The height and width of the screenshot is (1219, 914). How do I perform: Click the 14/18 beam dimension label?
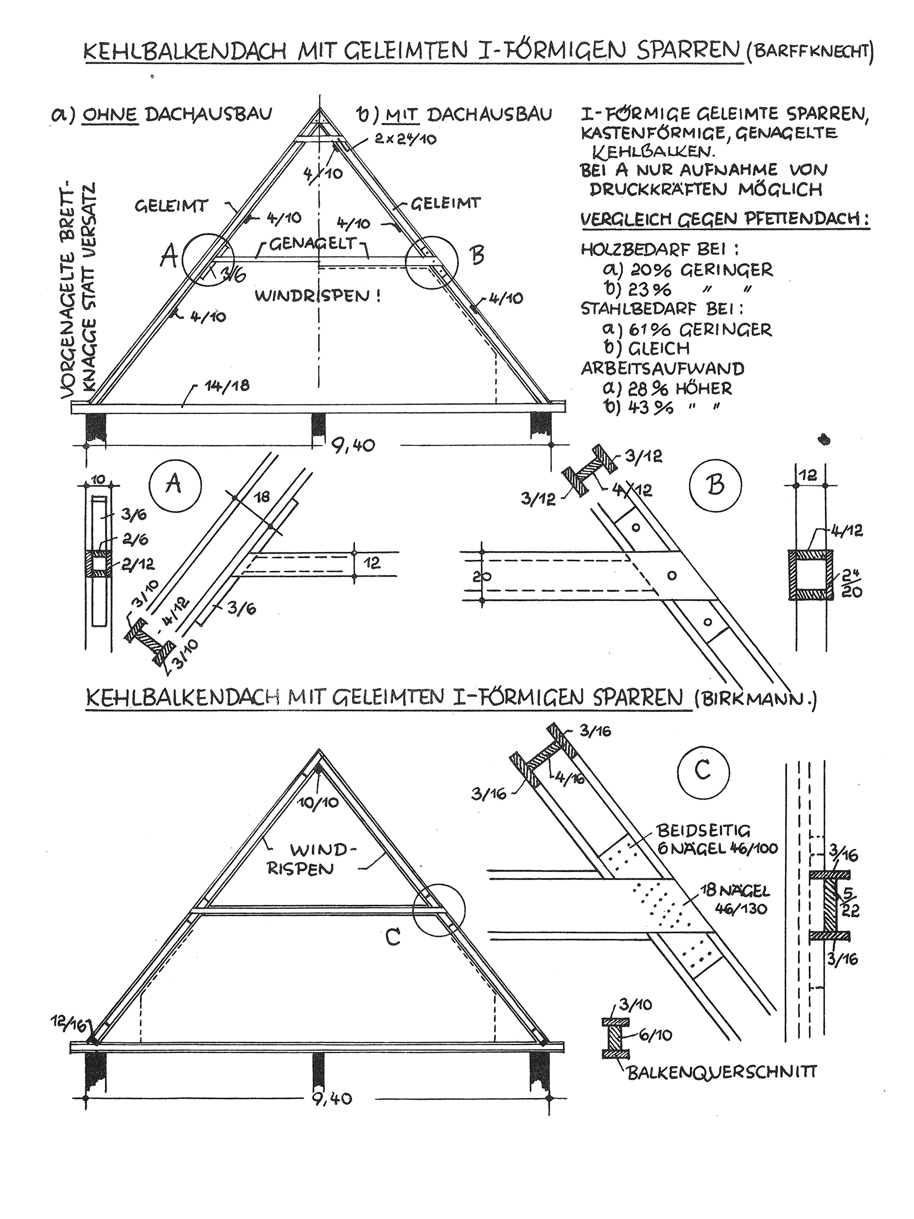226,385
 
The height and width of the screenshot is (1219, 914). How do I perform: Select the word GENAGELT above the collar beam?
314,244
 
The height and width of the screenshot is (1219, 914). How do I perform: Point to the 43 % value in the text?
650,409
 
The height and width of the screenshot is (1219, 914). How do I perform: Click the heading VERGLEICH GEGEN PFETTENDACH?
725,219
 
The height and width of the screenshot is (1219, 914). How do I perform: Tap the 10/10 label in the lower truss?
318,803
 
